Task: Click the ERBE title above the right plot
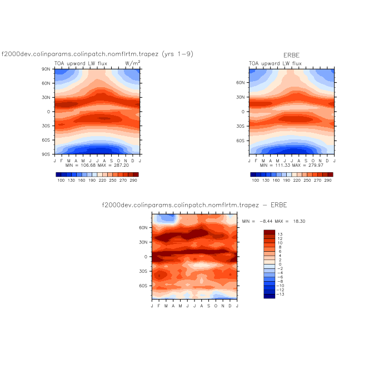tap(291, 56)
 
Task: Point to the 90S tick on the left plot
tap(47, 154)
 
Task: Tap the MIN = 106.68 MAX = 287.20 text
tap(97, 165)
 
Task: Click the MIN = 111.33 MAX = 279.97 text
tap(292, 165)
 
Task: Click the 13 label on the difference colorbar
tap(280, 235)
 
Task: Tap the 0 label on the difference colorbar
tap(280, 264)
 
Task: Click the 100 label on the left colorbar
tap(61, 181)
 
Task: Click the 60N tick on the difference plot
tap(144, 227)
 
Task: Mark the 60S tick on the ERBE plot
tap(241, 141)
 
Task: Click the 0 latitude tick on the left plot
tap(49, 111)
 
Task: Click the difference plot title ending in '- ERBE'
tap(194, 205)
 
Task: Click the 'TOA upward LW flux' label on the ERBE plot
tap(275, 63)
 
